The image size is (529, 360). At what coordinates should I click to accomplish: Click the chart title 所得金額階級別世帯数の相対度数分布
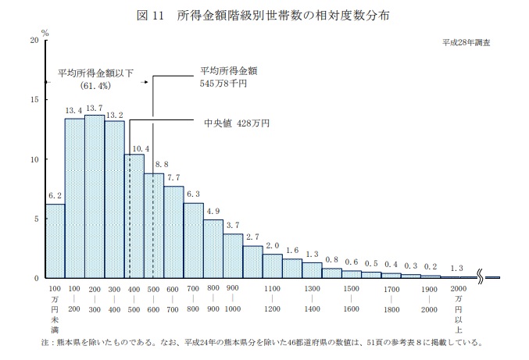click(x=284, y=16)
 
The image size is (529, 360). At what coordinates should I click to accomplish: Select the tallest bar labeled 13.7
click(x=95, y=197)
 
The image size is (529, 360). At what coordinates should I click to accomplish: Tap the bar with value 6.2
click(x=55, y=241)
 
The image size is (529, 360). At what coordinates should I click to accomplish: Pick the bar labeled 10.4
click(x=134, y=216)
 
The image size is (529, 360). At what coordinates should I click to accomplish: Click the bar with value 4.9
click(x=213, y=249)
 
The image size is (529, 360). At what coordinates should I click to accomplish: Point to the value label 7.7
click(x=173, y=177)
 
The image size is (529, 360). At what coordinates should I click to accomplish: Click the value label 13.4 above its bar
click(x=73, y=110)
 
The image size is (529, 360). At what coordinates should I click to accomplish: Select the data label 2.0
click(x=272, y=246)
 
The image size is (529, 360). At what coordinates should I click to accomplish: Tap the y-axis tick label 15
click(x=34, y=100)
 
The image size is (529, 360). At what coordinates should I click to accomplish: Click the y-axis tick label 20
click(x=34, y=40)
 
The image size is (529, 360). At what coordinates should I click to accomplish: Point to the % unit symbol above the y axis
click(x=45, y=33)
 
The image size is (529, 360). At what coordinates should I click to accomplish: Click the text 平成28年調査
click(x=466, y=43)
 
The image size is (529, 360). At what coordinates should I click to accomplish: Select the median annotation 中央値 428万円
click(x=237, y=123)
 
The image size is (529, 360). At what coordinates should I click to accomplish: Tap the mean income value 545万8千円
click(x=223, y=84)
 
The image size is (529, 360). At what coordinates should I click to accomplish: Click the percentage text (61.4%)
click(x=95, y=86)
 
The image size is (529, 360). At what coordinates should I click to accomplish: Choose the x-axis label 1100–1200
click(x=272, y=298)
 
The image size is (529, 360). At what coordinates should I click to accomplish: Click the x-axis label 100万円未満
click(x=55, y=309)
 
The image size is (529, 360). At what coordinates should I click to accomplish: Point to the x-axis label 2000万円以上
click(x=458, y=309)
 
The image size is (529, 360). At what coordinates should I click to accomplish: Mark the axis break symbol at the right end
click(x=481, y=277)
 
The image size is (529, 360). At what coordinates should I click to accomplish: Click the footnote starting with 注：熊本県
click(x=262, y=343)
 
